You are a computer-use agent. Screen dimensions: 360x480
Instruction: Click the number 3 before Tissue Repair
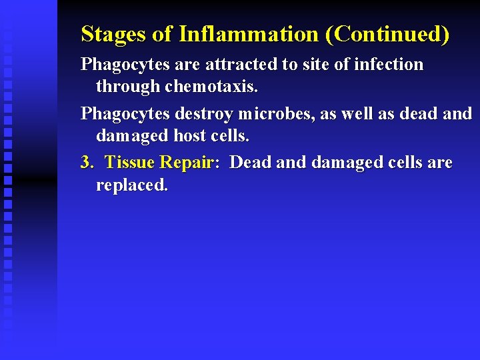pos(86,163)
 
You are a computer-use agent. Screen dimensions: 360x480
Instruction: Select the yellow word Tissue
pos(130,163)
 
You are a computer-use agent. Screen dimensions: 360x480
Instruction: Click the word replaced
pos(132,185)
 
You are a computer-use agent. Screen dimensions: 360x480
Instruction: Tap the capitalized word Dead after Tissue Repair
pos(249,163)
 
